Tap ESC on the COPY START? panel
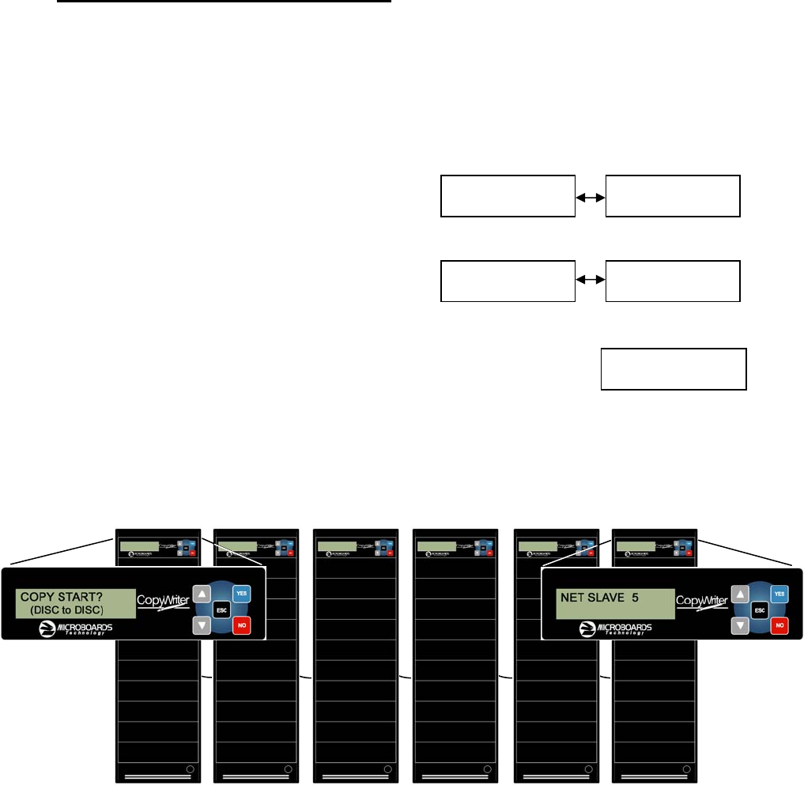[221, 610]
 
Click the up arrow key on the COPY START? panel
[202, 593]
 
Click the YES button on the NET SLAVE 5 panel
[779, 593]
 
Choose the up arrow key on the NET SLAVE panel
[739, 593]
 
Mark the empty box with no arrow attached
[674, 368]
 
